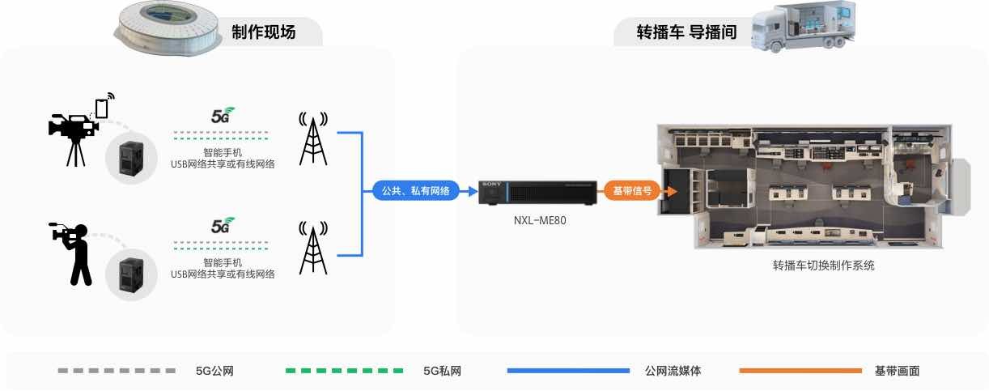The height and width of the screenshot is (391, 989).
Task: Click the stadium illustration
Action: pyautogui.click(x=168, y=28)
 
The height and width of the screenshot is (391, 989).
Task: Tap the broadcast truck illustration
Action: pyautogui.click(x=804, y=27)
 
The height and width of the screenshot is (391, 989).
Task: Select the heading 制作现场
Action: pyautogui.click(x=264, y=32)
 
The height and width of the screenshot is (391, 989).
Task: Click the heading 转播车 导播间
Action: pyautogui.click(x=686, y=32)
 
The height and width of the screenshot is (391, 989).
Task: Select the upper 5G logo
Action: pyautogui.click(x=223, y=115)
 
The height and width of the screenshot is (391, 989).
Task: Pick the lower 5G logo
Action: pyautogui.click(x=223, y=225)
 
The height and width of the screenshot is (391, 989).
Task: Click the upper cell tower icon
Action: pyautogui.click(x=313, y=138)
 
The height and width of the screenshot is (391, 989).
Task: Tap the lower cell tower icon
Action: pyautogui.click(x=313, y=248)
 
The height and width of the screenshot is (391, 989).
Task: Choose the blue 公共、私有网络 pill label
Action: pyautogui.click(x=415, y=191)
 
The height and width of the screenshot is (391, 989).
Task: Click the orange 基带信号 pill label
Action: pyautogui.click(x=632, y=191)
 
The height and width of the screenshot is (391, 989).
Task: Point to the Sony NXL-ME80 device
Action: pyautogui.click(x=537, y=193)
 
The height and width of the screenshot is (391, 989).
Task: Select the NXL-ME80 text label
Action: pyautogui.click(x=540, y=220)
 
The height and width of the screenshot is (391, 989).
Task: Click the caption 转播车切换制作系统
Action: pyautogui.click(x=823, y=265)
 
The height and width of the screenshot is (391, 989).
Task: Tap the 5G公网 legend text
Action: pyautogui.click(x=214, y=371)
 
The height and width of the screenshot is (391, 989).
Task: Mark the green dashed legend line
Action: pyautogui.click(x=345, y=371)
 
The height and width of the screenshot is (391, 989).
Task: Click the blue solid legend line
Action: pyautogui.click(x=568, y=371)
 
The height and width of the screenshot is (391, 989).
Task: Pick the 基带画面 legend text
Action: pyautogui.click(x=898, y=371)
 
